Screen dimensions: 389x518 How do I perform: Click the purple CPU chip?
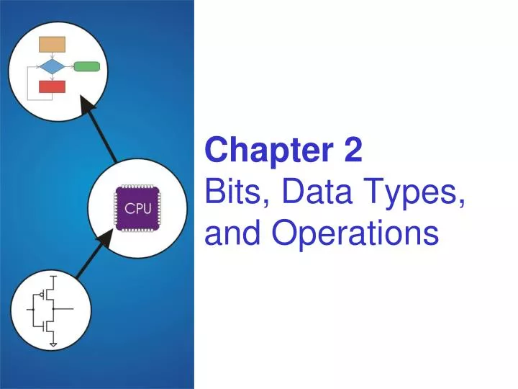pos(137,208)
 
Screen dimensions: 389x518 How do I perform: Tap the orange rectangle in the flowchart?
pos(52,44)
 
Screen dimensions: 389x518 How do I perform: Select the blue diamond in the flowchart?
pos(52,67)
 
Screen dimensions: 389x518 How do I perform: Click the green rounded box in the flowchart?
pos(87,67)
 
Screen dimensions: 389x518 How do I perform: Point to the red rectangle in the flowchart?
pos(52,87)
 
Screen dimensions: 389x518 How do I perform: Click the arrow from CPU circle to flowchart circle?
pos(100,130)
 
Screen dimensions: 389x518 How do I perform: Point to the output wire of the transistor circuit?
pos(68,309)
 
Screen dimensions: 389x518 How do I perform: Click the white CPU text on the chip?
pos(137,209)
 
